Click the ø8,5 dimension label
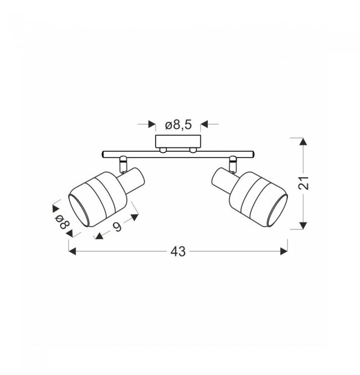pyautogui.click(x=178, y=125)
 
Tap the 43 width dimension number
pyautogui.click(x=178, y=251)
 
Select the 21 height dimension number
pyautogui.click(x=304, y=183)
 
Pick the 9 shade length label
pyautogui.click(x=117, y=227)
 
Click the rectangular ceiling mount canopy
pyautogui.click(x=178, y=142)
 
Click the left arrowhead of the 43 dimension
pyautogui.click(x=72, y=251)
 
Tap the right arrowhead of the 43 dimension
pyautogui.click(x=284, y=251)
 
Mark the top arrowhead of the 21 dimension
pyautogui.click(x=303, y=142)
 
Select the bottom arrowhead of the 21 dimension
pyautogui.click(x=303, y=225)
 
